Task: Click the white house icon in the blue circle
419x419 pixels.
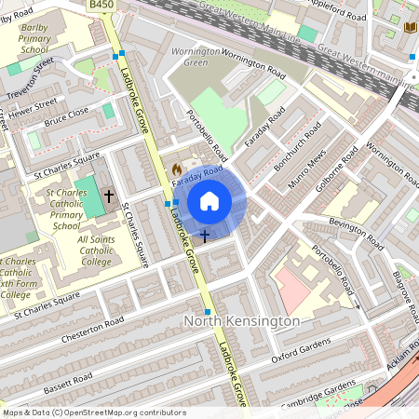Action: tap(209, 201)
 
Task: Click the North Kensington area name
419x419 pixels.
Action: tap(242, 321)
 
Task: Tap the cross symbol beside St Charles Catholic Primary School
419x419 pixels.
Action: tap(108, 196)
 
